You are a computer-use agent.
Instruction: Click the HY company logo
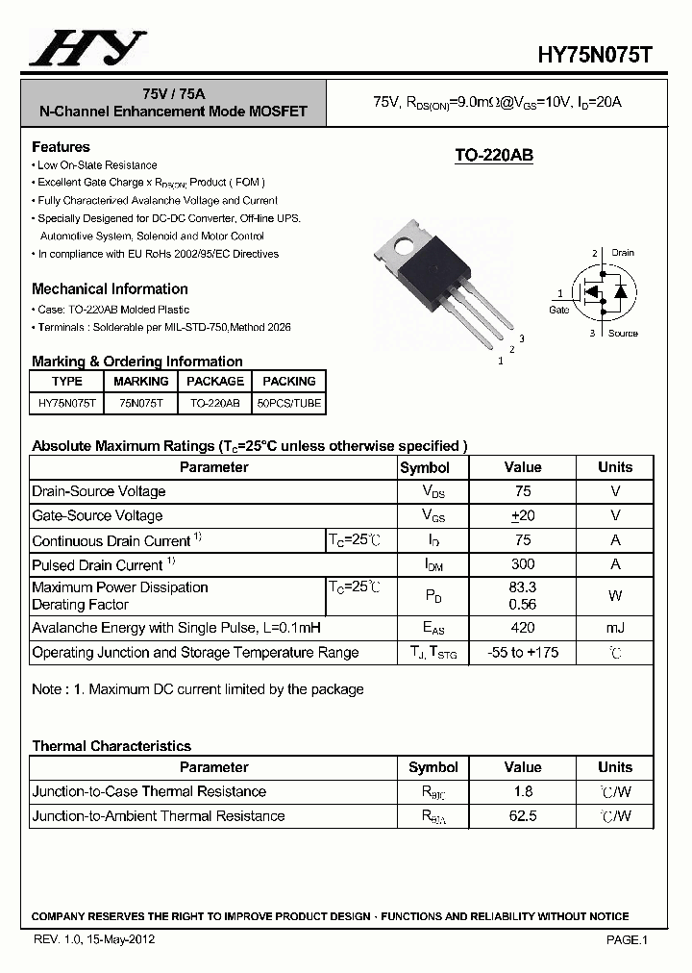click(87, 48)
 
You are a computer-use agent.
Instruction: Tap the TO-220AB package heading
click(493, 156)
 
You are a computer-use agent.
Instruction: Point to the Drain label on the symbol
click(622, 253)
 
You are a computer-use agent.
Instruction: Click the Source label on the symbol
click(623, 333)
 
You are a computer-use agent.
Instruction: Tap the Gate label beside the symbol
click(558, 310)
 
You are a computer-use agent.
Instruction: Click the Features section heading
click(61, 147)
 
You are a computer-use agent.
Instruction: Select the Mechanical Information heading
click(110, 288)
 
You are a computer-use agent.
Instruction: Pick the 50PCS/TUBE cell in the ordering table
click(289, 404)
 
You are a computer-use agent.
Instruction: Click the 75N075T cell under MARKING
click(141, 404)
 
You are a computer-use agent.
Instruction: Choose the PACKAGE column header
click(215, 382)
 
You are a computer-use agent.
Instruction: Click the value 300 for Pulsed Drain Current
click(522, 564)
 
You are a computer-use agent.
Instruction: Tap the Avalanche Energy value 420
click(522, 628)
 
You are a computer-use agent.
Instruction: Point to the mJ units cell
click(615, 628)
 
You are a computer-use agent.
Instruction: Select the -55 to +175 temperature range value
click(522, 653)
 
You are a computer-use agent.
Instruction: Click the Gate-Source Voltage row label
click(98, 515)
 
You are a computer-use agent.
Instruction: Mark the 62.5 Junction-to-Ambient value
click(522, 816)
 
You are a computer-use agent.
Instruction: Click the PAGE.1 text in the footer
click(627, 940)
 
